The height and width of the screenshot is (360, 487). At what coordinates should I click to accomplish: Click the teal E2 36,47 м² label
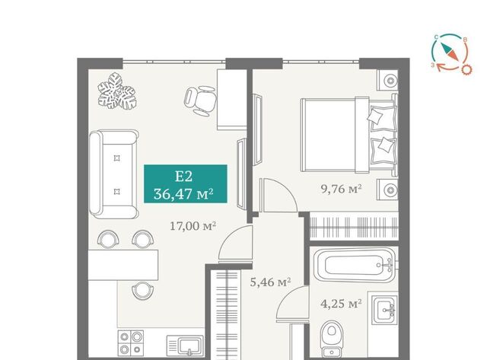[x=186, y=184]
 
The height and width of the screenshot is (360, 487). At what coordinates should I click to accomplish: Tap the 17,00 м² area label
[x=193, y=226]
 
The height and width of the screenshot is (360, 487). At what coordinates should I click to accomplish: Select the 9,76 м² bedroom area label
[x=342, y=189]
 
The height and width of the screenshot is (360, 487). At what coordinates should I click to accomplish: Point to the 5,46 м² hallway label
[x=271, y=282]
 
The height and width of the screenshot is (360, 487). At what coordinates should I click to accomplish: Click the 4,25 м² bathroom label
[x=341, y=304]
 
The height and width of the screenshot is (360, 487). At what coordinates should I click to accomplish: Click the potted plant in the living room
[x=117, y=91]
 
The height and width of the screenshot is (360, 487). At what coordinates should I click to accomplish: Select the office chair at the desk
[x=200, y=100]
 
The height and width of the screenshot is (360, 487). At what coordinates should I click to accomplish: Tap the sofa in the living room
[x=113, y=174]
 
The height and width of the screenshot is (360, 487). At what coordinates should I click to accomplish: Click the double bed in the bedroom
[x=349, y=135]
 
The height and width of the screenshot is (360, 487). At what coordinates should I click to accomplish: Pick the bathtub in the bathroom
[x=355, y=266]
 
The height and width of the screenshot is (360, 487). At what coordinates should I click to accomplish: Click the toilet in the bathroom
[x=332, y=339]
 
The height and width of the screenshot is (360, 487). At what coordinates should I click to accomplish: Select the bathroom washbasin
[x=385, y=310]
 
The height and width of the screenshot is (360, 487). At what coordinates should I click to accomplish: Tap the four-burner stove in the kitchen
[x=130, y=342]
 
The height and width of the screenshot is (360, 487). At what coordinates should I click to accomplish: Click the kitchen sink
[x=186, y=346]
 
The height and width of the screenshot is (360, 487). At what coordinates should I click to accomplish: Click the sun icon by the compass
[x=466, y=69]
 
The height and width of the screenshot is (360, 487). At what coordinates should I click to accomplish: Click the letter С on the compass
[x=436, y=37]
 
